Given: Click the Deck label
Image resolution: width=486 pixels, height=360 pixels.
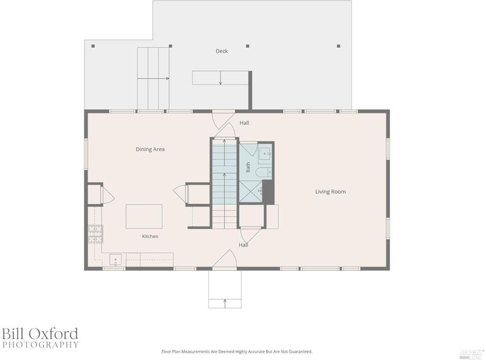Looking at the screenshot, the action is (x=222, y=51).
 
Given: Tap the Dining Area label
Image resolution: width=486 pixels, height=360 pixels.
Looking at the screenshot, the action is (x=150, y=149).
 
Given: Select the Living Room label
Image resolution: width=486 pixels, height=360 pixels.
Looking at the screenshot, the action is (x=330, y=191).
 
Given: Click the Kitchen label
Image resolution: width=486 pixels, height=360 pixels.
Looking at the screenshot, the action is (x=150, y=236).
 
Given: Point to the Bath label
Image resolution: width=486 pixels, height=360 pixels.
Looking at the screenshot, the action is (x=248, y=168).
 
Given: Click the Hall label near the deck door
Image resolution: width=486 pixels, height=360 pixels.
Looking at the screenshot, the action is (x=244, y=123).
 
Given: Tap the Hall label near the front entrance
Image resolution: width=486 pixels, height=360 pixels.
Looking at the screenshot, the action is (x=244, y=245).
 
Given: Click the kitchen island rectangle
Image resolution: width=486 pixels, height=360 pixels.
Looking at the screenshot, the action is (x=144, y=216).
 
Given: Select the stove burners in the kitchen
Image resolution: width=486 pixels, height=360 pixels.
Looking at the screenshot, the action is (x=95, y=234).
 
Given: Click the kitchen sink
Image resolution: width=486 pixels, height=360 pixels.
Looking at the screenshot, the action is (x=115, y=260).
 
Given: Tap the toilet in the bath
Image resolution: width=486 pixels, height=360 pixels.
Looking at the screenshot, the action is (x=264, y=172).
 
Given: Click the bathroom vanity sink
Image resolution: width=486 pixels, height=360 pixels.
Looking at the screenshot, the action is (x=265, y=154).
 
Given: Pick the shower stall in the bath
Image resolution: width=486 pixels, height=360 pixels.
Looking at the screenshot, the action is (x=250, y=191).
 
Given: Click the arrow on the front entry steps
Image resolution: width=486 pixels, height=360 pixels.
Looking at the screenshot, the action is (x=225, y=304).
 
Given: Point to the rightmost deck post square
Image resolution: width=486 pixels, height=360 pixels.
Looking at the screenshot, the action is (x=338, y=46).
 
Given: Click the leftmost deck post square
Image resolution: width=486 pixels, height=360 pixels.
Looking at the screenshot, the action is (x=93, y=46).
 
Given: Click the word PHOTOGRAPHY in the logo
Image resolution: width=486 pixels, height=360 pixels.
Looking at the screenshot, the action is (x=40, y=344).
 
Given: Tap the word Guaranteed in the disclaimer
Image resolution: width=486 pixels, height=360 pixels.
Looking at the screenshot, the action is (x=301, y=352).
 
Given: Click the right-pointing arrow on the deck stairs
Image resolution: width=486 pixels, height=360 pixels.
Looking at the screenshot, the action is (x=153, y=78).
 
